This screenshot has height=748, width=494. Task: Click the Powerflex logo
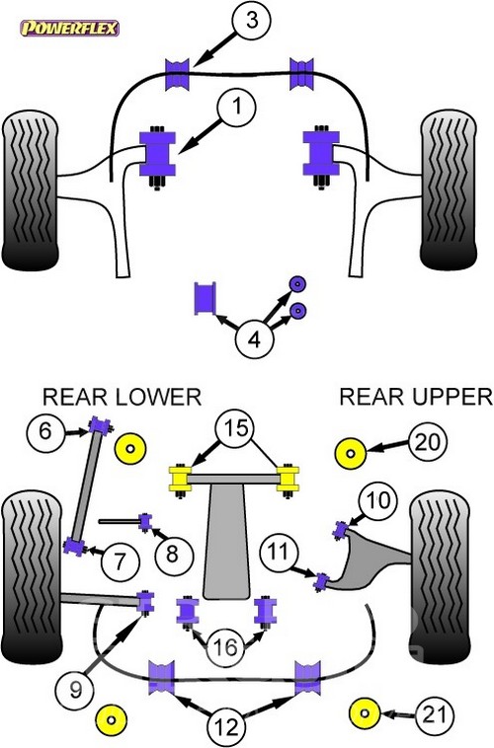pyautogui.click(x=69, y=29)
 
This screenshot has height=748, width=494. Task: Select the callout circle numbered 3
pyautogui.click(x=252, y=21)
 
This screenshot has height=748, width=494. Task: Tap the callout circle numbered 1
pyautogui.click(x=237, y=107)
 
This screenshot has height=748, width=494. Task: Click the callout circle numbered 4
pyautogui.click(x=255, y=339)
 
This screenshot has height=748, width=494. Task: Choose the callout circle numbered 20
pyautogui.click(x=428, y=442)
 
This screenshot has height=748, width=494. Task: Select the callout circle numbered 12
pyautogui.click(x=226, y=726)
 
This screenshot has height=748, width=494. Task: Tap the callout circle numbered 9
pyautogui.click(x=75, y=690)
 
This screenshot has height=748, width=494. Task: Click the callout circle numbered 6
pyautogui.click(x=45, y=431)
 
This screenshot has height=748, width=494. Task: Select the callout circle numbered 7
pyautogui.click(x=120, y=561)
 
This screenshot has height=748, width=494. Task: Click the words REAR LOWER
pyautogui.click(x=122, y=397)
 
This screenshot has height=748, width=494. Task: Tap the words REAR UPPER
pyautogui.click(x=416, y=397)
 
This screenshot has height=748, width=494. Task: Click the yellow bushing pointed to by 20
pyautogui.click(x=350, y=453)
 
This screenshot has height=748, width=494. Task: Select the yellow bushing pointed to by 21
pyautogui.click(x=365, y=713)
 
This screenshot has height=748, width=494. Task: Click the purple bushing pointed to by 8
pyautogui.click(x=145, y=521)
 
